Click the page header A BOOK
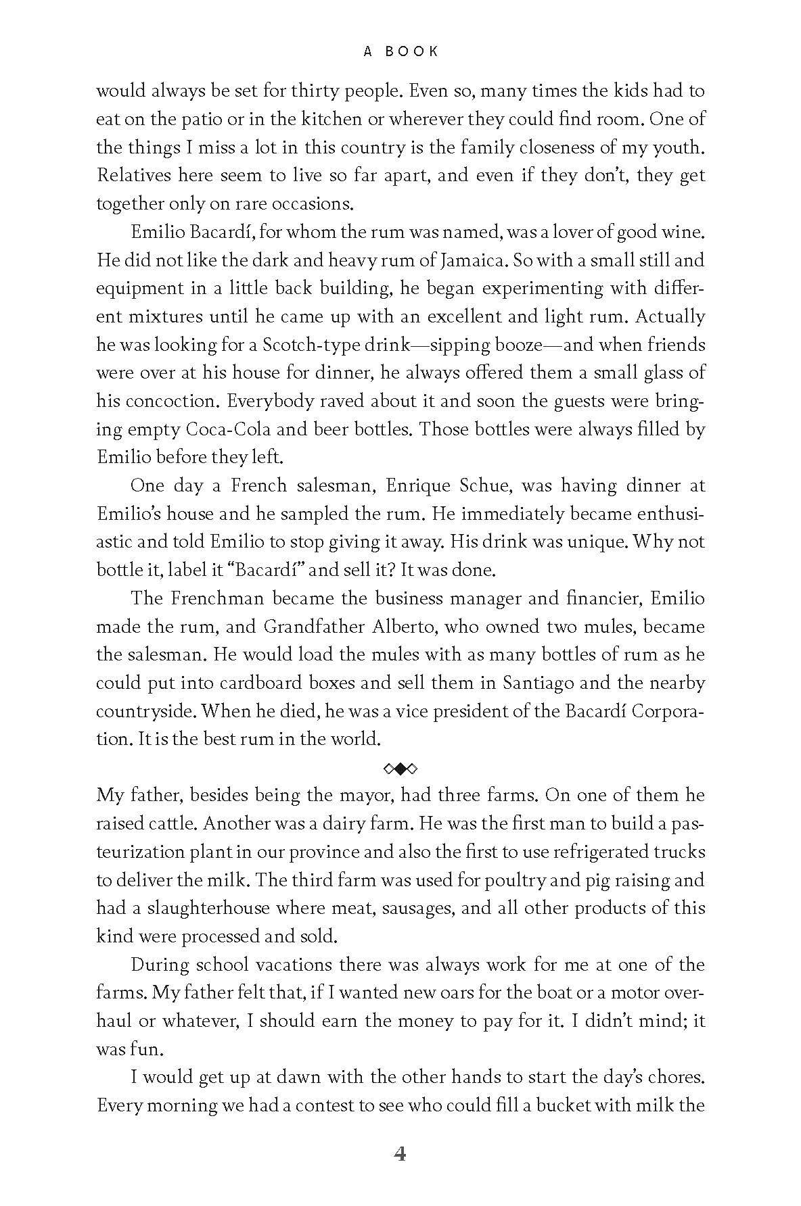pyautogui.click(x=401, y=51)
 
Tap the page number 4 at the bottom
pyautogui.click(x=400, y=1154)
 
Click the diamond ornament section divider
pyautogui.click(x=400, y=768)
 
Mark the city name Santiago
pyautogui.click(x=538, y=683)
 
